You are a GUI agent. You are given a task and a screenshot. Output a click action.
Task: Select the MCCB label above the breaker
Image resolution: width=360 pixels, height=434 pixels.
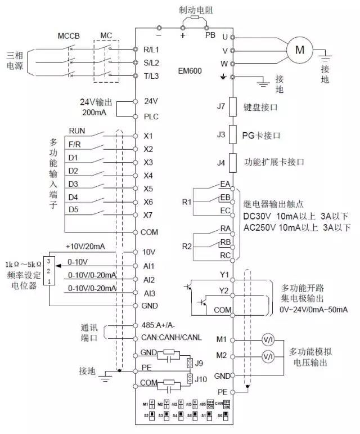69,35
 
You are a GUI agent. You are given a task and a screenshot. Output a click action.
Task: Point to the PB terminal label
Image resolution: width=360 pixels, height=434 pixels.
210,35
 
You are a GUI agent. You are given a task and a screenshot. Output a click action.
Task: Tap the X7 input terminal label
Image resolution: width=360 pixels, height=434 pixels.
148,215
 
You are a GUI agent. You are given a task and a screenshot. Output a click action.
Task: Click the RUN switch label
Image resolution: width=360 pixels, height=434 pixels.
77,131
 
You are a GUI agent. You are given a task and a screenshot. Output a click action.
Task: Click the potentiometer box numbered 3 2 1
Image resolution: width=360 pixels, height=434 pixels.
50,271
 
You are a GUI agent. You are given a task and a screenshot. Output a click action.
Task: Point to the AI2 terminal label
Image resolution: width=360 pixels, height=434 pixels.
150,279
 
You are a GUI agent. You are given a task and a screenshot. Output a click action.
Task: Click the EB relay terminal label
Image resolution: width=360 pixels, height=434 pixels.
225,197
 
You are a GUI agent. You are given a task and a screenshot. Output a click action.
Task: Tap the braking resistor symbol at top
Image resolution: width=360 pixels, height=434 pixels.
195,18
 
